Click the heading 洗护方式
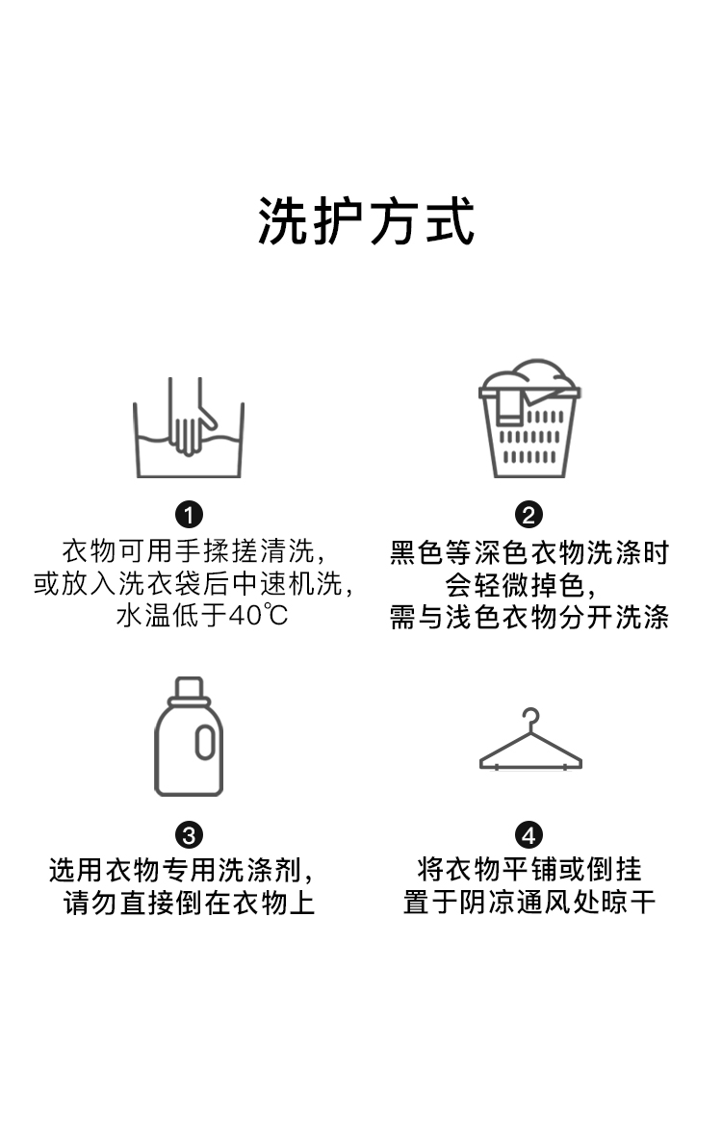(367, 222)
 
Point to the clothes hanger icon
(530, 742)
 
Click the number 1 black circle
(189, 515)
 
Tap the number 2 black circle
(529, 515)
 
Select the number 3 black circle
(189, 834)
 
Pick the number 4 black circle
(529, 834)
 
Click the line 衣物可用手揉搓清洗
(189, 552)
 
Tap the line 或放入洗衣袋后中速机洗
(193, 584)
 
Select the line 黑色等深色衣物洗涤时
(529, 553)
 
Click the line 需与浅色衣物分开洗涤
(529, 617)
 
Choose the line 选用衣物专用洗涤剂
(183, 871)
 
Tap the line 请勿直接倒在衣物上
(189, 904)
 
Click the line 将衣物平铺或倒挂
(529, 871)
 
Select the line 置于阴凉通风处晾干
(529, 904)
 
